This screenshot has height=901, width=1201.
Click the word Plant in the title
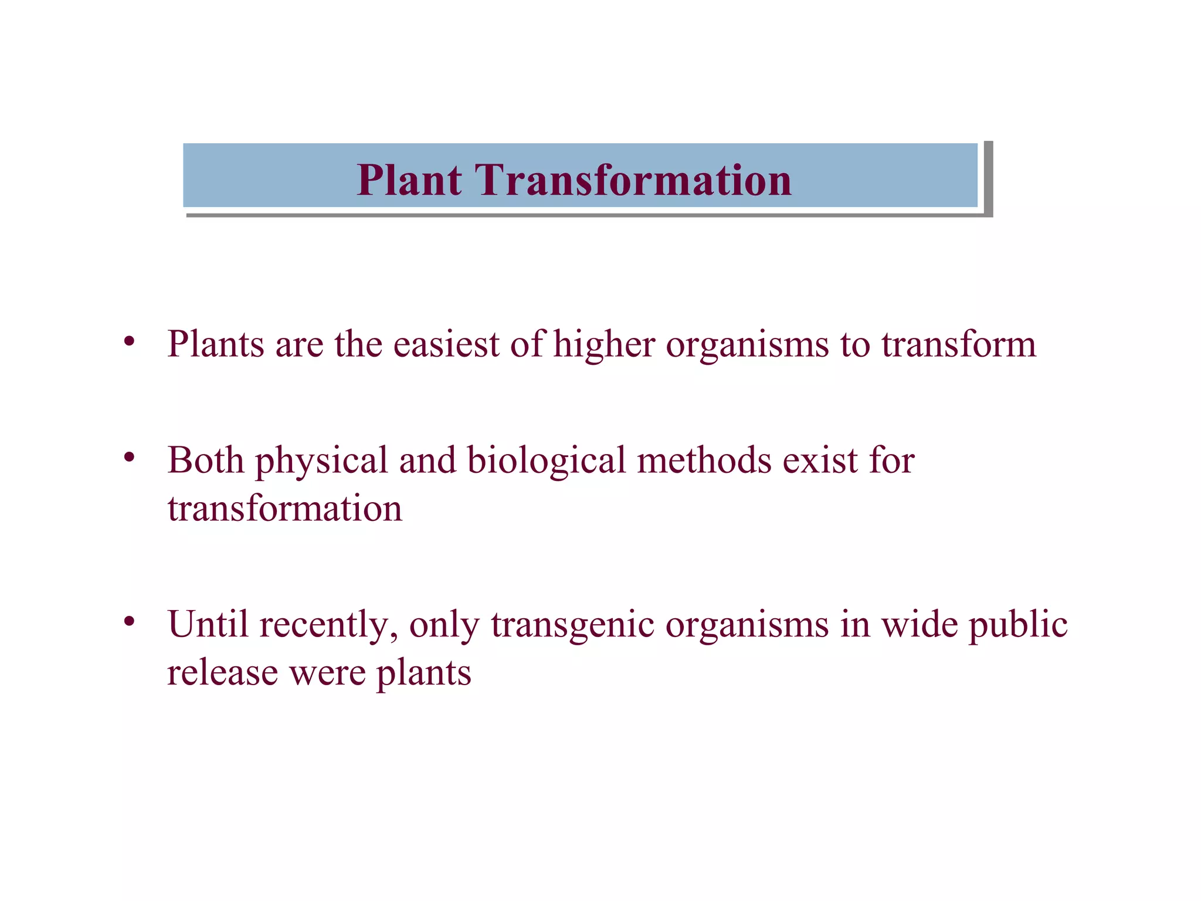[x=409, y=179]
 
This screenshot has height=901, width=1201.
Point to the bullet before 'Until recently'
[x=130, y=620]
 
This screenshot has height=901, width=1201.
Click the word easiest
[x=446, y=344]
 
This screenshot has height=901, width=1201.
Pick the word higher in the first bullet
[x=604, y=344]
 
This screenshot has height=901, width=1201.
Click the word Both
[x=205, y=460]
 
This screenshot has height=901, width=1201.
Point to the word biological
[x=547, y=461]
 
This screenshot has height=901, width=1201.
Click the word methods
[x=704, y=460]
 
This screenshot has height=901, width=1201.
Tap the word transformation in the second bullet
[x=285, y=508]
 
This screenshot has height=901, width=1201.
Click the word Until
[x=208, y=624]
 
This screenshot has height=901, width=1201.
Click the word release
[x=222, y=672]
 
